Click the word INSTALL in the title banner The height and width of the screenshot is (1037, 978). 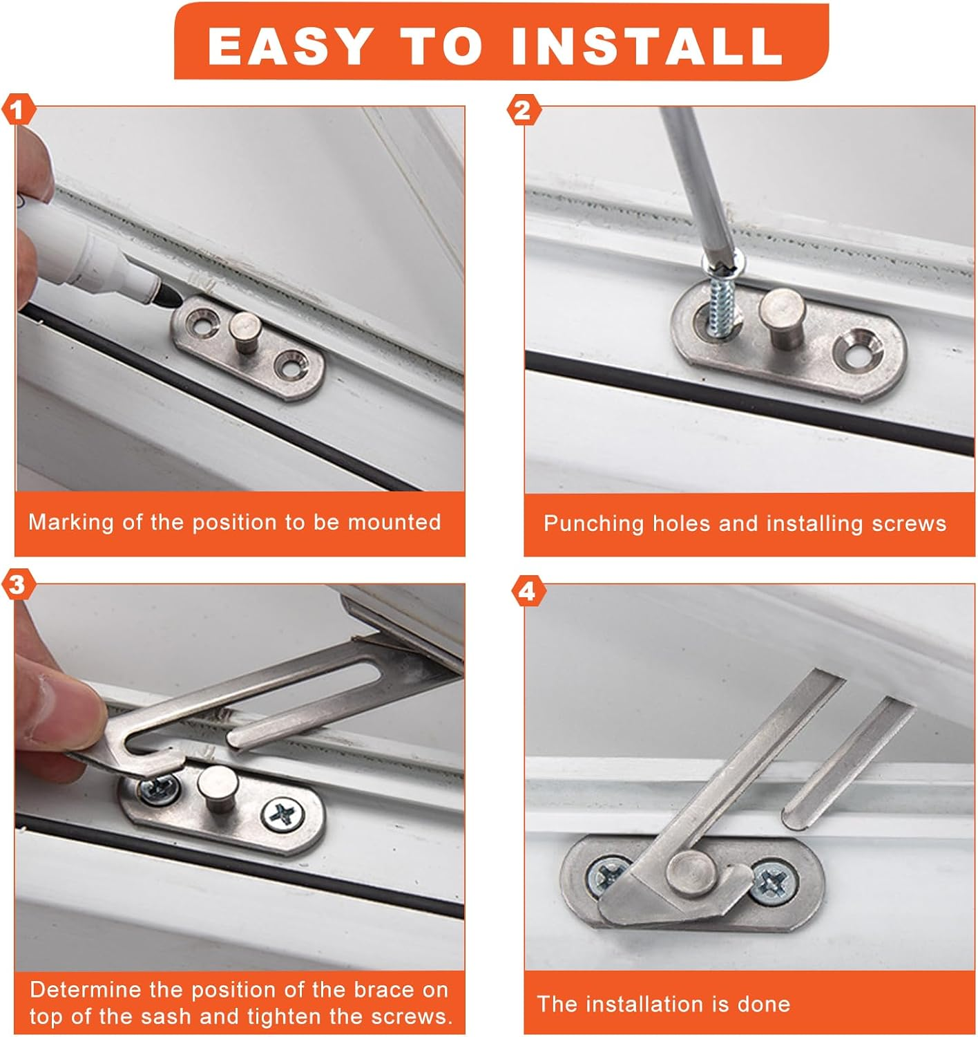[646, 46]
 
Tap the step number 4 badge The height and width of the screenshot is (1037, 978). [527, 592]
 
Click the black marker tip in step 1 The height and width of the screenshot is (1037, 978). [169, 299]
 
